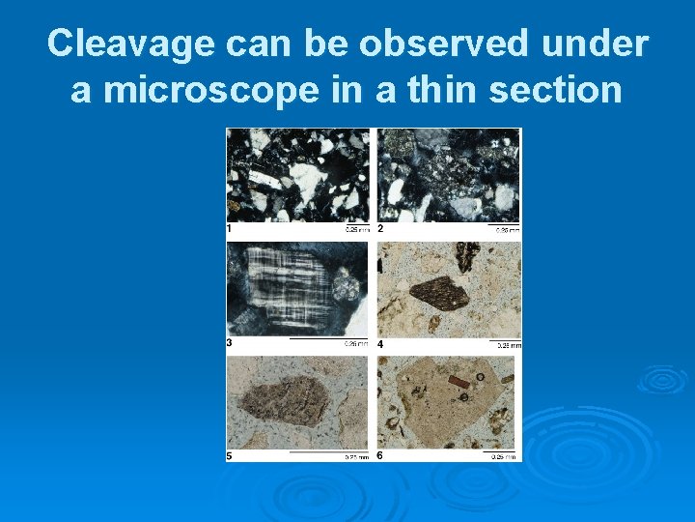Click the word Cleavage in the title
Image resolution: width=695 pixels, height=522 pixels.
(130, 43)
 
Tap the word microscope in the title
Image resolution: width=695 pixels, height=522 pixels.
(210, 90)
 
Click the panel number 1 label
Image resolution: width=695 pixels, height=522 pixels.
(230, 229)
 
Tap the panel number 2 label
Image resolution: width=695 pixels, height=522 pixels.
(381, 229)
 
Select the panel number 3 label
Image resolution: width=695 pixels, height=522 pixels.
(230, 342)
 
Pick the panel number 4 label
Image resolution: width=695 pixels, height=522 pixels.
(381, 343)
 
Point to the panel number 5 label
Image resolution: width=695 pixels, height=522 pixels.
(230, 455)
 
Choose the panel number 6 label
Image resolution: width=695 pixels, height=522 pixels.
(381, 455)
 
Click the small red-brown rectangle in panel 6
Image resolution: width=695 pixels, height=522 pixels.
(459, 383)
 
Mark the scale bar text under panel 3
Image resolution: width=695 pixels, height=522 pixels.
(356, 344)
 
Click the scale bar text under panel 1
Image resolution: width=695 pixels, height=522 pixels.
(356, 231)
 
